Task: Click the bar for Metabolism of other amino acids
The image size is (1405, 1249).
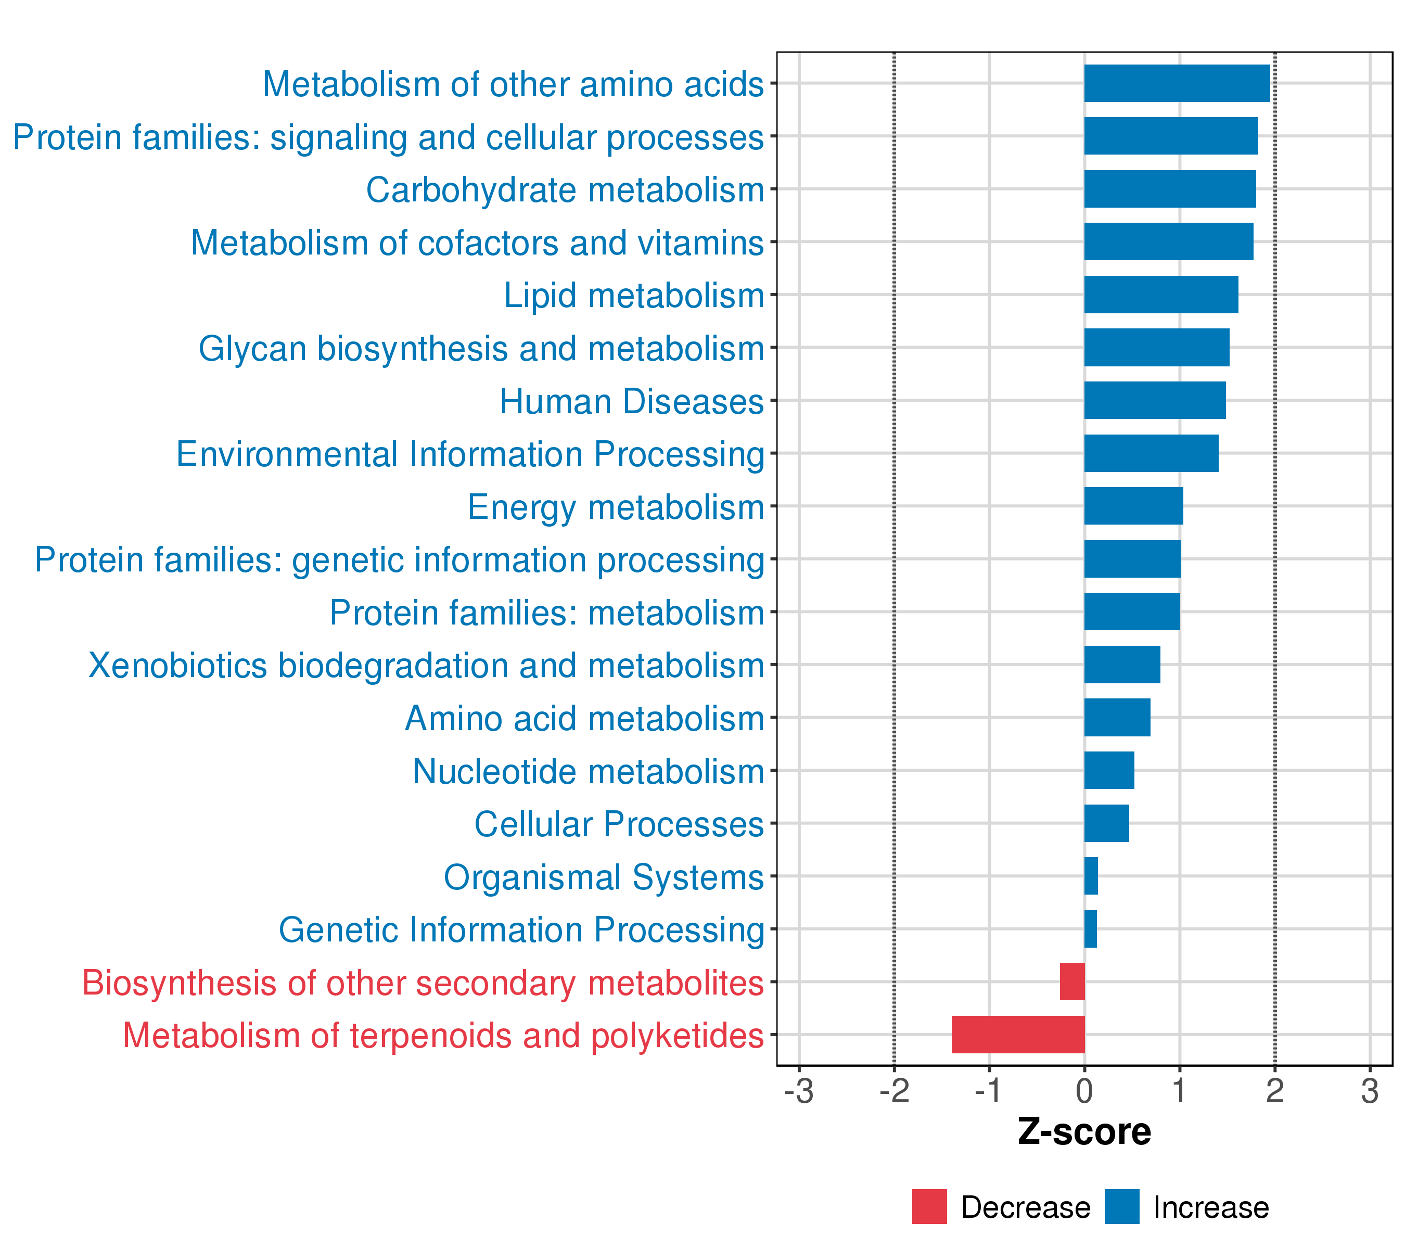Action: click(1177, 83)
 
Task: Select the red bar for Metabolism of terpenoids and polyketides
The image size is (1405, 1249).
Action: click(1018, 1035)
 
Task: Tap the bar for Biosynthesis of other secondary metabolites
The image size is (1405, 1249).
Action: click(1072, 982)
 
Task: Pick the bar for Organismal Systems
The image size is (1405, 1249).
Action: click(1091, 876)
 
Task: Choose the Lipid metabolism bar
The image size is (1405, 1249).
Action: click(1161, 294)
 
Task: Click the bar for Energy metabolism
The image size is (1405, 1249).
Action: click(1133, 506)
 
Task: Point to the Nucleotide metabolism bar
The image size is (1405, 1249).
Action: click(1109, 770)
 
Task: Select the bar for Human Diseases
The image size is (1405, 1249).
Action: click(1155, 400)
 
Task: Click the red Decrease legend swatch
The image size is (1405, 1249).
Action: click(929, 1206)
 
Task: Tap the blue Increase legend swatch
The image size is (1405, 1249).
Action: click(1122, 1206)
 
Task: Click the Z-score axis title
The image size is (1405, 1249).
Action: click(1084, 1132)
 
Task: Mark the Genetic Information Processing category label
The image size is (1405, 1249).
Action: click(521, 930)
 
